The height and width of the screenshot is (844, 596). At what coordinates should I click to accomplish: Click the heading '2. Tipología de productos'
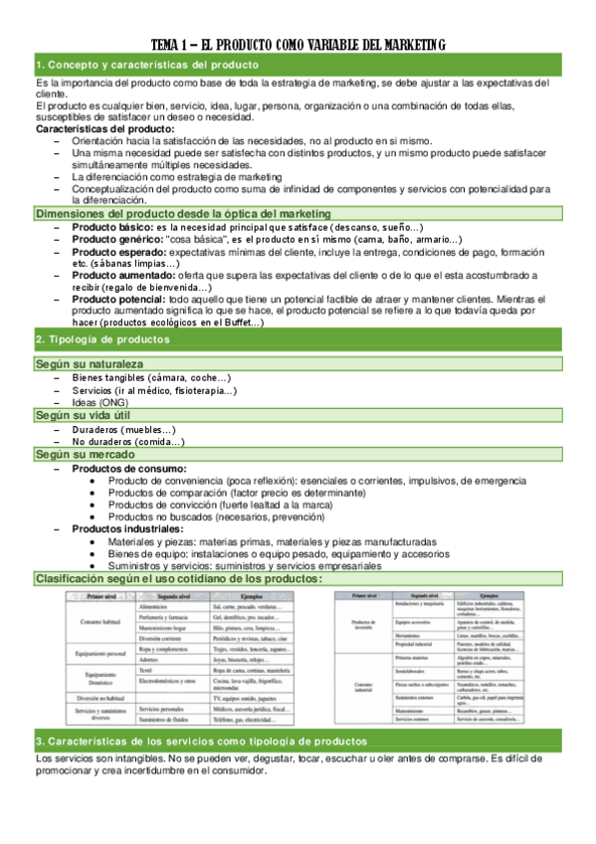pyautogui.click(x=102, y=339)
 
